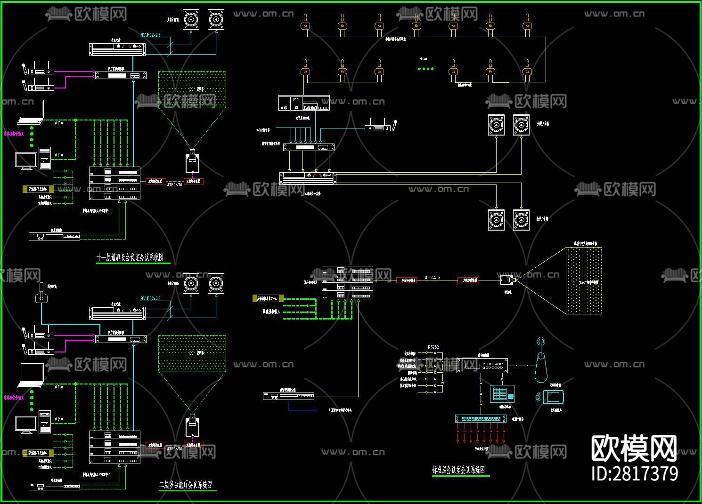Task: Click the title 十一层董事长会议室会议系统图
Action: [x=131, y=258]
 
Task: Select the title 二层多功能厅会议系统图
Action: [x=185, y=485]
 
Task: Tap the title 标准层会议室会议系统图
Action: [x=458, y=470]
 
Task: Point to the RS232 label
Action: [x=433, y=347]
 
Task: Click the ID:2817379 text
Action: [x=635, y=473]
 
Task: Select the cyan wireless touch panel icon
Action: [x=552, y=397]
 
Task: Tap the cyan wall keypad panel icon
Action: [x=502, y=393]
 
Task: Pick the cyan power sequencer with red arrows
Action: [x=481, y=418]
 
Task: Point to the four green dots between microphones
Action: [x=425, y=69]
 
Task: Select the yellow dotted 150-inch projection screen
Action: [x=584, y=281]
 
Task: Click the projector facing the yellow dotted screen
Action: [x=507, y=280]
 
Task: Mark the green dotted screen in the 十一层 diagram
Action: [x=192, y=90]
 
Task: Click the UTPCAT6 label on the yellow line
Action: [x=432, y=278]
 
